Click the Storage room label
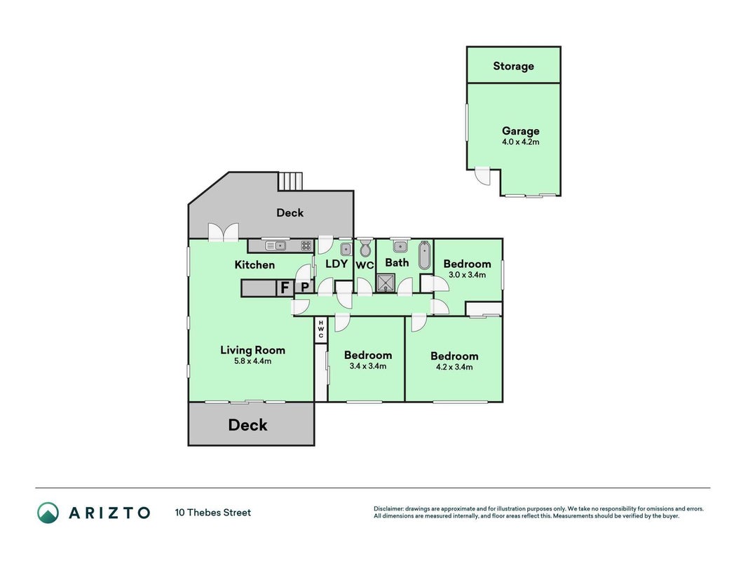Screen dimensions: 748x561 click(513, 66)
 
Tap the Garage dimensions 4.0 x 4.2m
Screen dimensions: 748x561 click(520, 142)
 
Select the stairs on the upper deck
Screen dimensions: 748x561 click(290, 181)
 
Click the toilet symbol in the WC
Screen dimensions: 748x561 click(365, 248)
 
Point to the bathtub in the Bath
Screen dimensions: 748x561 click(424, 256)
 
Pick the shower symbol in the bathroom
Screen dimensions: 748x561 click(386, 283)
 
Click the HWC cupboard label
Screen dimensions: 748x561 click(321, 329)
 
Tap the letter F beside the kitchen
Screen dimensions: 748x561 click(285, 288)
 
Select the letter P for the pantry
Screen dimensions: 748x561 click(304, 288)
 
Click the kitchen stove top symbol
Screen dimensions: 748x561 click(306, 245)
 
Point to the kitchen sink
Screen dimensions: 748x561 click(276, 245)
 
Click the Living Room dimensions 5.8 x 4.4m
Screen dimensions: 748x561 click(252, 361)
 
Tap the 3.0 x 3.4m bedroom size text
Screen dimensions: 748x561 click(467, 275)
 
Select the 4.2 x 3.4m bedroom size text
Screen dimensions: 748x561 click(454, 367)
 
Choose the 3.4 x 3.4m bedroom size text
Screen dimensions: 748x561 click(368, 366)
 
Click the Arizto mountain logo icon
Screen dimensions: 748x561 click(48, 513)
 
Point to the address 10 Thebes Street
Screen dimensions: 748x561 click(212, 513)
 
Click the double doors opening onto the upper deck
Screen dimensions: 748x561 click(223, 232)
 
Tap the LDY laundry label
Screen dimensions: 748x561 click(336, 264)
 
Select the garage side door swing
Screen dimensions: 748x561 click(482, 176)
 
